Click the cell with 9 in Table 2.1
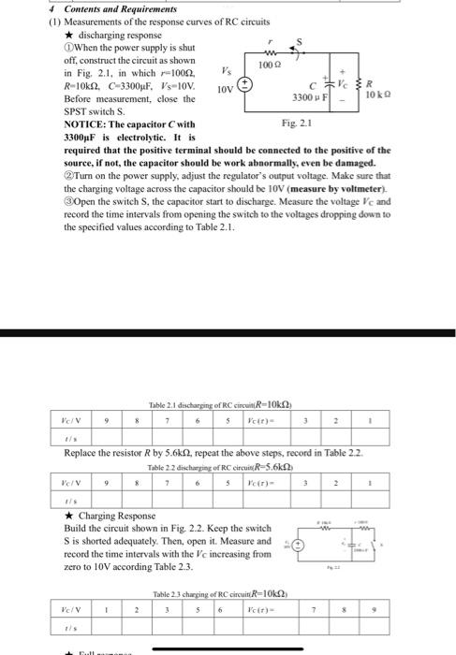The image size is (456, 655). click(x=109, y=421)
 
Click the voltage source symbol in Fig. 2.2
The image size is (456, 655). click(x=301, y=544)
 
